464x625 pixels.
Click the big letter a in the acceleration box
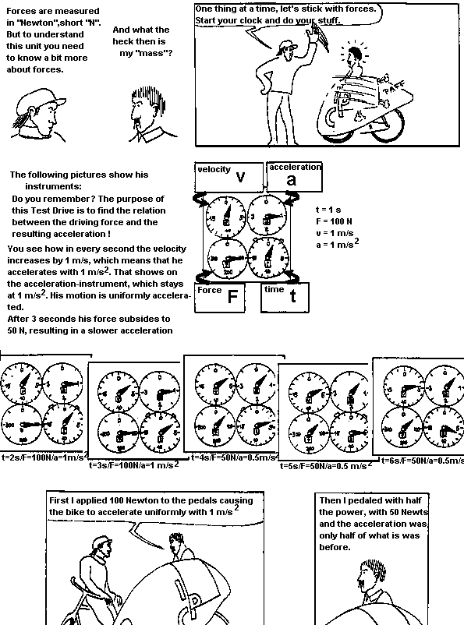(291, 180)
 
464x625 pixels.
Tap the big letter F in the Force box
(232, 296)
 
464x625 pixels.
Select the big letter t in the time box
(293, 297)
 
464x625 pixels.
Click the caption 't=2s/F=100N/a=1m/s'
(43, 457)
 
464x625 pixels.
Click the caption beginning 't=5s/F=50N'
(328, 464)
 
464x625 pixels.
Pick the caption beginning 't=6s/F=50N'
(421, 460)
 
